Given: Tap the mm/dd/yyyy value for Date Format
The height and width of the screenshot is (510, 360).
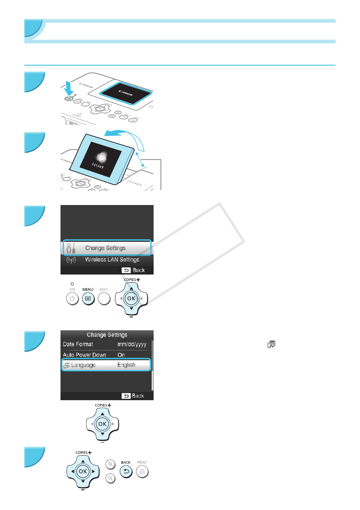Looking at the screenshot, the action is coord(133,344).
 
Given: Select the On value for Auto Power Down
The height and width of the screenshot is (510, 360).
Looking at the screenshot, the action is coord(121,355).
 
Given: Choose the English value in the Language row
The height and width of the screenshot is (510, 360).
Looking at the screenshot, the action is coord(126,365).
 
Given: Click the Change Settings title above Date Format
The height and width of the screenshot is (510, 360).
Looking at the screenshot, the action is coord(107,335).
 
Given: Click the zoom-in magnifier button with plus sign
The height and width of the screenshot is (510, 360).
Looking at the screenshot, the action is coord(111,464).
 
